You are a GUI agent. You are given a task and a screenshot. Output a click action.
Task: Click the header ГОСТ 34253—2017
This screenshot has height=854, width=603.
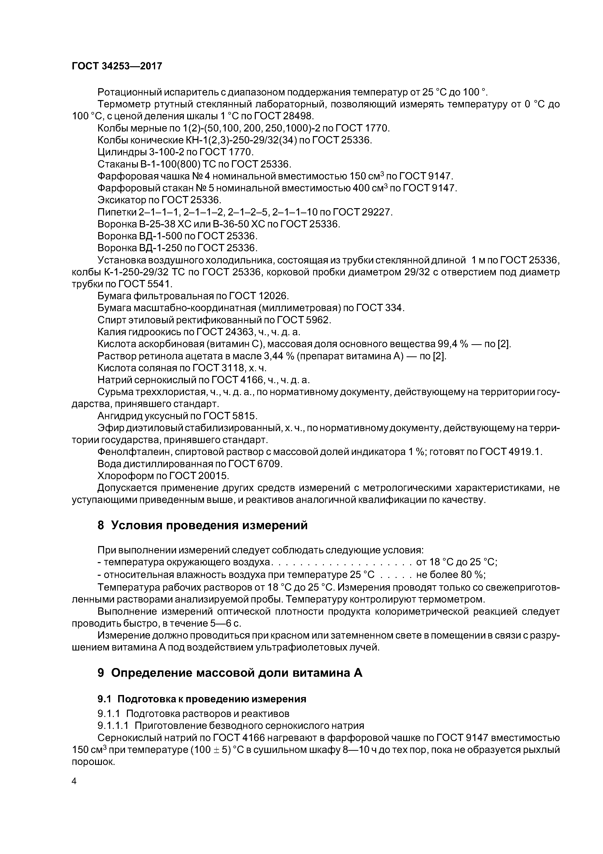117,66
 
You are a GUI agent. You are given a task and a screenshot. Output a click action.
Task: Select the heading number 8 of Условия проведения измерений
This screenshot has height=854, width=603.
101,525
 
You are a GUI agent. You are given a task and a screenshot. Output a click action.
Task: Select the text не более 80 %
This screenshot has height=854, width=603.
451,575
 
